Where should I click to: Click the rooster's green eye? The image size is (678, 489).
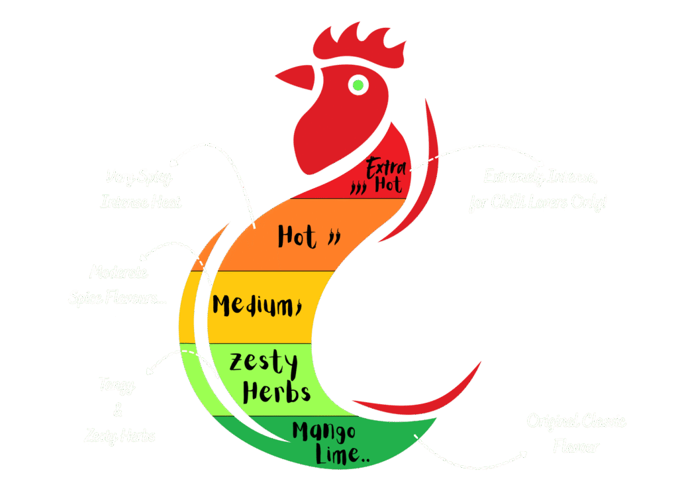tap(358, 84)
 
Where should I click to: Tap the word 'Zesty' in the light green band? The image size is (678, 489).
tap(263, 363)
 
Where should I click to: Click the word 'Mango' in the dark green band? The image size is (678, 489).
tap(324, 432)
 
